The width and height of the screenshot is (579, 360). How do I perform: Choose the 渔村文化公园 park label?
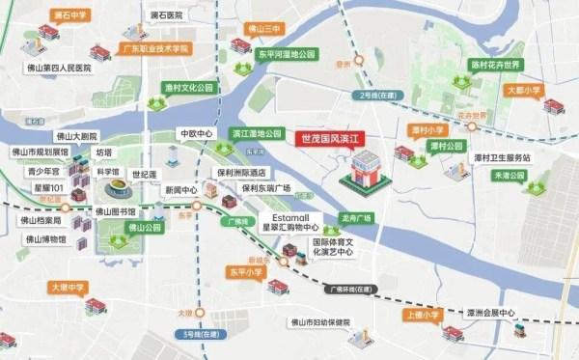click(188, 87)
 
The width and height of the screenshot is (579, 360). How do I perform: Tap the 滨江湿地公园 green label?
click(256, 133)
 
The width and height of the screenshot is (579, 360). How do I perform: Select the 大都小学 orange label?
click(525, 90)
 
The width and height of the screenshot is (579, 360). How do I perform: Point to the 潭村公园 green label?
click(447, 146)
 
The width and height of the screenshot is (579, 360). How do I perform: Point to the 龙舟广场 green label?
click(356, 218)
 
